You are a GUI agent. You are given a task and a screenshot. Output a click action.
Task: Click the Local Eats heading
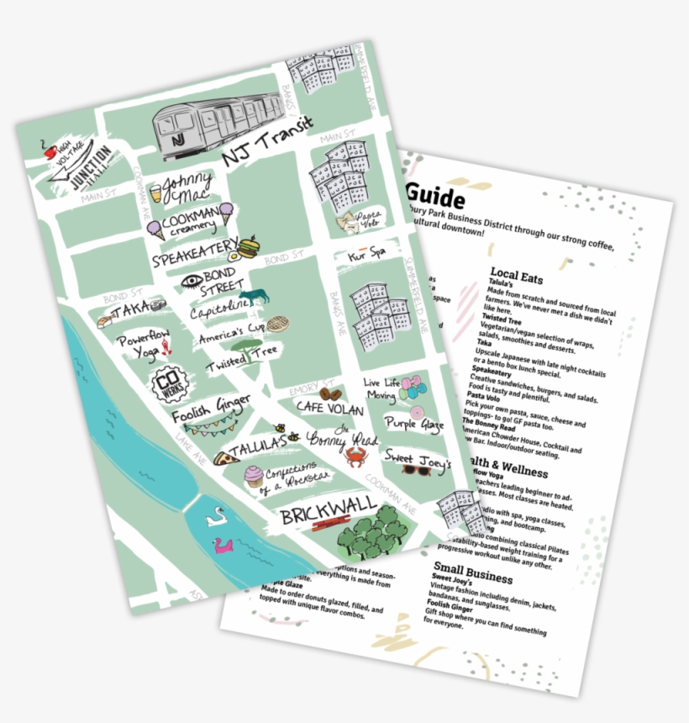pos(516,276)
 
